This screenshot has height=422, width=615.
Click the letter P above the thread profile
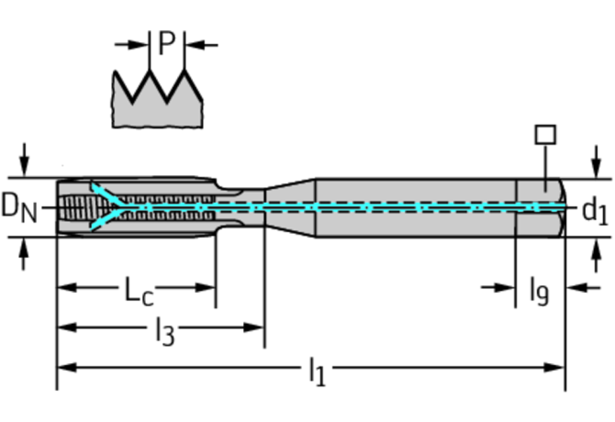pyautogui.click(x=167, y=43)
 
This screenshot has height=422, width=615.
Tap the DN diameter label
pyautogui.click(x=19, y=208)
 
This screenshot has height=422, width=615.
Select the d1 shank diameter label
pyautogui.click(x=595, y=212)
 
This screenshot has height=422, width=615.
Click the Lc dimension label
pyautogui.click(x=139, y=291)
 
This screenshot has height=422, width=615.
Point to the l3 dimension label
pyautogui.click(x=164, y=331)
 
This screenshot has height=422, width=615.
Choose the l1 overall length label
pyautogui.click(x=317, y=371)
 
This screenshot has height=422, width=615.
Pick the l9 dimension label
pyautogui.click(x=539, y=292)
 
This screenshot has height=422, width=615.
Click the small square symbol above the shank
pyautogui.click(x=545, y=135)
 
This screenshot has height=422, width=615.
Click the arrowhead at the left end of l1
pyautogui.click(x=68, y=368)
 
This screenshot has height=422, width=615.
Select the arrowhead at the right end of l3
pyautogui.click(x=253, y=328)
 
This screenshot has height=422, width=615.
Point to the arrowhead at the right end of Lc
pyautogui.click(x=205, y=287)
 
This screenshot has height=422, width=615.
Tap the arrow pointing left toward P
pyautogui.click(x=201, y=45)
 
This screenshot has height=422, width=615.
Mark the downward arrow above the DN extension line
pyautogui.click(x=24, y=160)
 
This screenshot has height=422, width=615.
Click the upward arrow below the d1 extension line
pyautogui.click(x=596, y=255)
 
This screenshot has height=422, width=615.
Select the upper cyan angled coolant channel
pyautogui.click(x=106, y=194)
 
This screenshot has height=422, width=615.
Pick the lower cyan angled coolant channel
pyautogui.click(x=106, y=220)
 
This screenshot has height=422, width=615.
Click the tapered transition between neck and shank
pyautogui.click(x=290, y=207)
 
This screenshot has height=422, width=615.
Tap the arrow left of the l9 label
pyautogui.click(x=498, y=288)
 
